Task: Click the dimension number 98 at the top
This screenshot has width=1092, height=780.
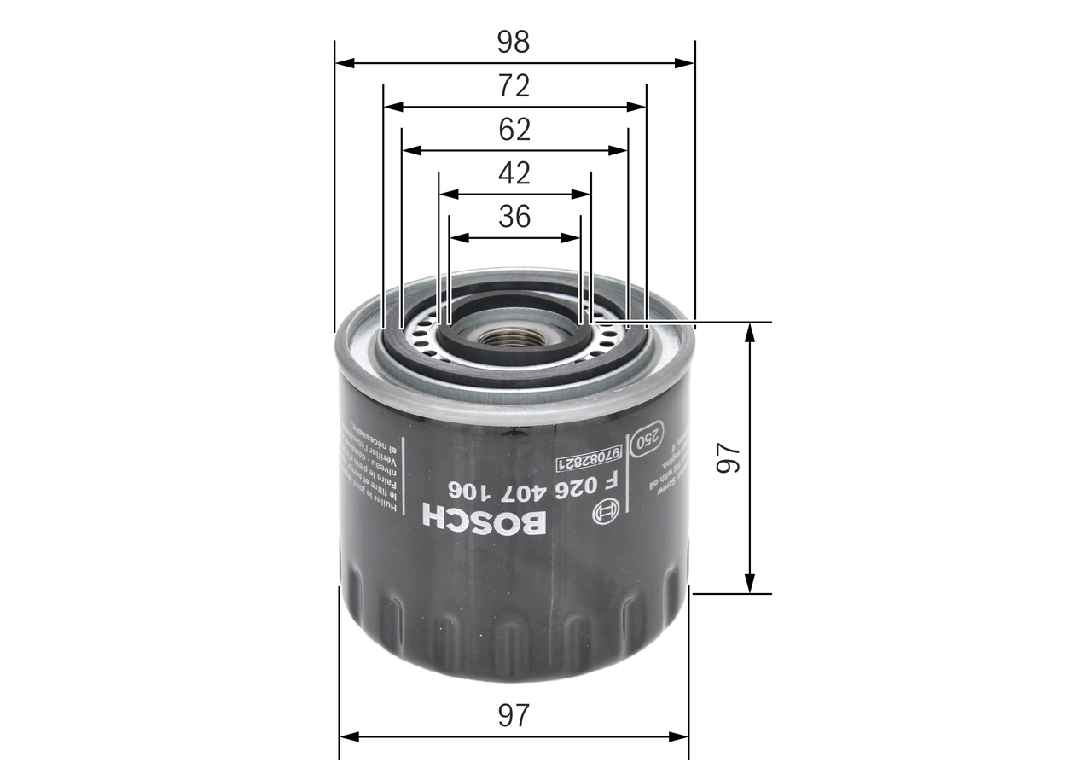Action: (514, 41)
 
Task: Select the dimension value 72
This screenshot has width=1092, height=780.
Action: (514, 85)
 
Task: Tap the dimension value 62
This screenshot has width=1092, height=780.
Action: (514, 130)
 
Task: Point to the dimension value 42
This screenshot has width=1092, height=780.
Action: (514, 173)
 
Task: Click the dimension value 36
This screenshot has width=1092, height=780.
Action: (514, 217)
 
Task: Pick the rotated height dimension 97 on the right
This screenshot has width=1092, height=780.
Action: (727, 457)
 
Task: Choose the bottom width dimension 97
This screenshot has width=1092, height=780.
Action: (514, 715)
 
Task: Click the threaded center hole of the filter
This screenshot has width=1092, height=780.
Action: (509, 337)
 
